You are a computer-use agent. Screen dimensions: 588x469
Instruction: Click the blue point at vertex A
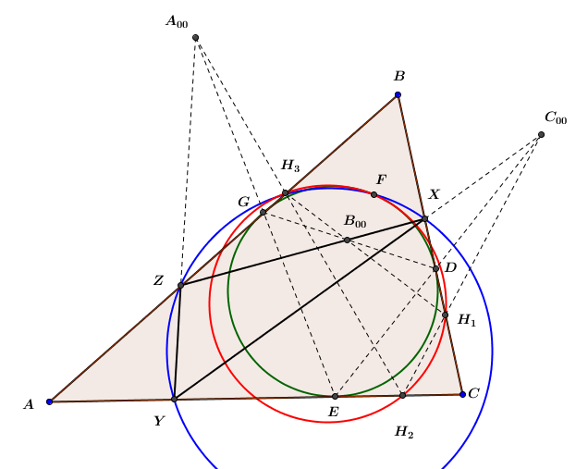[50, 401]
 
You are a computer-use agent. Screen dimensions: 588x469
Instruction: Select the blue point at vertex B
[398, 95]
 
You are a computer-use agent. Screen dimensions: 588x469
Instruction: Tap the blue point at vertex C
[463, 394]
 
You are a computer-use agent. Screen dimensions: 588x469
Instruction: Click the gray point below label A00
[195, 38]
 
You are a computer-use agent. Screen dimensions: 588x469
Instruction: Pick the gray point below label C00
[541, 135]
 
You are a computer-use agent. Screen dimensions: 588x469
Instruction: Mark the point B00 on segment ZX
[347, 240]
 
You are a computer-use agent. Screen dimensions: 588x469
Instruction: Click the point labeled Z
[181, 285]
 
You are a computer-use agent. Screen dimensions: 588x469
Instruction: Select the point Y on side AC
[174, 399]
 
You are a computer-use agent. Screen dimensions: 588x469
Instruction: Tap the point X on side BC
[424, 218]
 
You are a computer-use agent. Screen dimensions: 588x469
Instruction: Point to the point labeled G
[263, 213]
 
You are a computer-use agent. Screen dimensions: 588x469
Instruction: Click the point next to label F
[374, 194]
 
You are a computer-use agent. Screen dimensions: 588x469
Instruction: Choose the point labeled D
[435, 268]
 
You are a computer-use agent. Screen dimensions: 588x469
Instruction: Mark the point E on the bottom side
[336, 396]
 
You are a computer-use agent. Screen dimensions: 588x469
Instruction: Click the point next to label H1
[445, 315]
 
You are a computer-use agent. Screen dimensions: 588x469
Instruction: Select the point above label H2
[403, 395]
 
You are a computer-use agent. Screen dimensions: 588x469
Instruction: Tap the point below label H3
[285, 192]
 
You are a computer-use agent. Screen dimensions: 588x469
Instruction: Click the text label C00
[556, 117]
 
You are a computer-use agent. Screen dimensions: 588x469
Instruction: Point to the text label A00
[177, 21]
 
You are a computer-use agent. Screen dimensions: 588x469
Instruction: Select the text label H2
[404, 432]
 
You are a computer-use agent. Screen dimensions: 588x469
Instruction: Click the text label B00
[355, 221]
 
